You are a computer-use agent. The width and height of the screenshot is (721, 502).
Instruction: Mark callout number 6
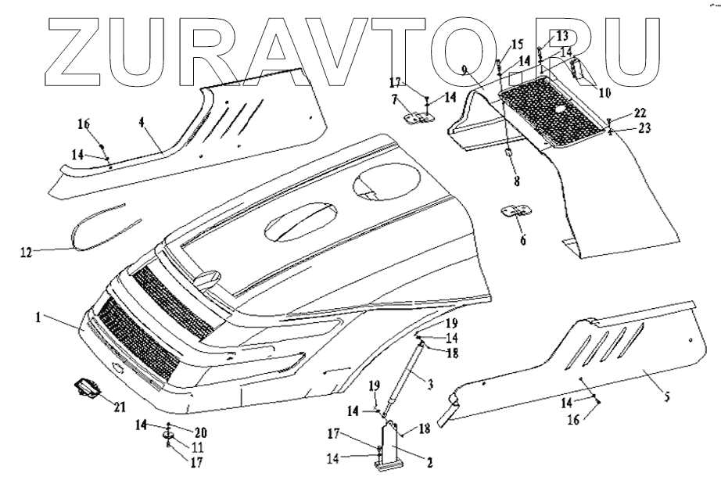coord(522,240)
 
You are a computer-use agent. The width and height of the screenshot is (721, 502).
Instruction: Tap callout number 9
coord(465,70)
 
